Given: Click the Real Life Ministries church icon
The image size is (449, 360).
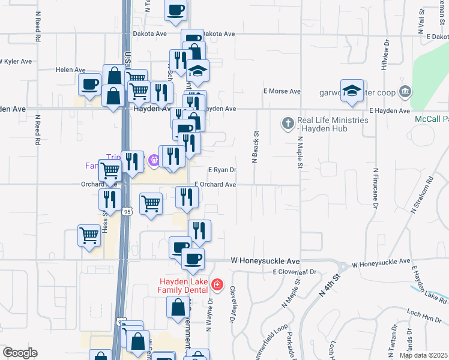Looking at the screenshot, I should tap(288, 124).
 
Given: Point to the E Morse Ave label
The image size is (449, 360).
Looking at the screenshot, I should tap(282, 91).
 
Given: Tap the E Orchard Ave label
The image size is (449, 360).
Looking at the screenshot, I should tap(215, 185).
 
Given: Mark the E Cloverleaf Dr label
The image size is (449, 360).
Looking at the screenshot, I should tap(294, 272).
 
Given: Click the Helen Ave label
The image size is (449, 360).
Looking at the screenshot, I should tap(68, 70).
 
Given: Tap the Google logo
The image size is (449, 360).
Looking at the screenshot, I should tap(19, 353).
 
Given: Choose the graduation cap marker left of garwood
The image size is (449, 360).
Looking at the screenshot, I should tap(352, 91).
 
